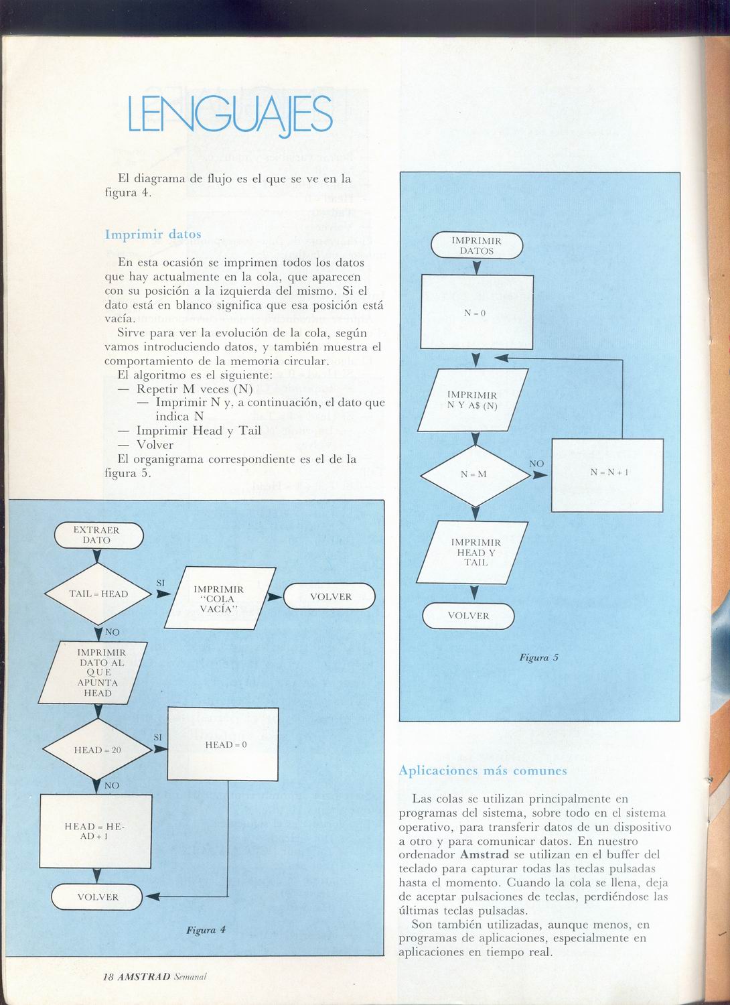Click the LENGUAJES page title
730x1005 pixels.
230,115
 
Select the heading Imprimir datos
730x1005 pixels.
153,234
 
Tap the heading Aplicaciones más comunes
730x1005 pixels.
482,770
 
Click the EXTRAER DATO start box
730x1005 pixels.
98,535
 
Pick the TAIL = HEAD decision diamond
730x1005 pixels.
98,594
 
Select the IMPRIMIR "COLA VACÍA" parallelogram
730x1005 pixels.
220,598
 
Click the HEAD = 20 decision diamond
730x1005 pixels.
97,749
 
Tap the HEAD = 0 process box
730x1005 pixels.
223,744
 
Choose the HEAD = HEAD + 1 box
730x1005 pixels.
96,831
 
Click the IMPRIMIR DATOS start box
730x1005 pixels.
477,246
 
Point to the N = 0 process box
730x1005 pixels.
477,312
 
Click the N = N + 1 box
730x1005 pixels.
607,475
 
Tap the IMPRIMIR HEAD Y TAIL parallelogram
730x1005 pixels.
472,552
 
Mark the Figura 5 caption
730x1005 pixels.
538,658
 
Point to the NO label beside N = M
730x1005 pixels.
536,464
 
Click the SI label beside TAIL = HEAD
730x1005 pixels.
161,584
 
